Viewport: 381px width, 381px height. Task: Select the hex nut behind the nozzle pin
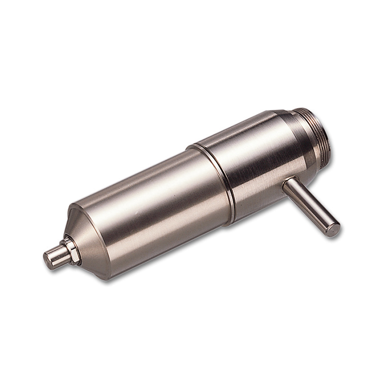coord(71,250)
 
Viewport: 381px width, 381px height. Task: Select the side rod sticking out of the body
coord(310,206)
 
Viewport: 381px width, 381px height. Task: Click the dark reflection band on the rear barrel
coord(254,178)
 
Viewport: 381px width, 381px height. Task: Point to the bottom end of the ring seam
coord(231,221)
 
